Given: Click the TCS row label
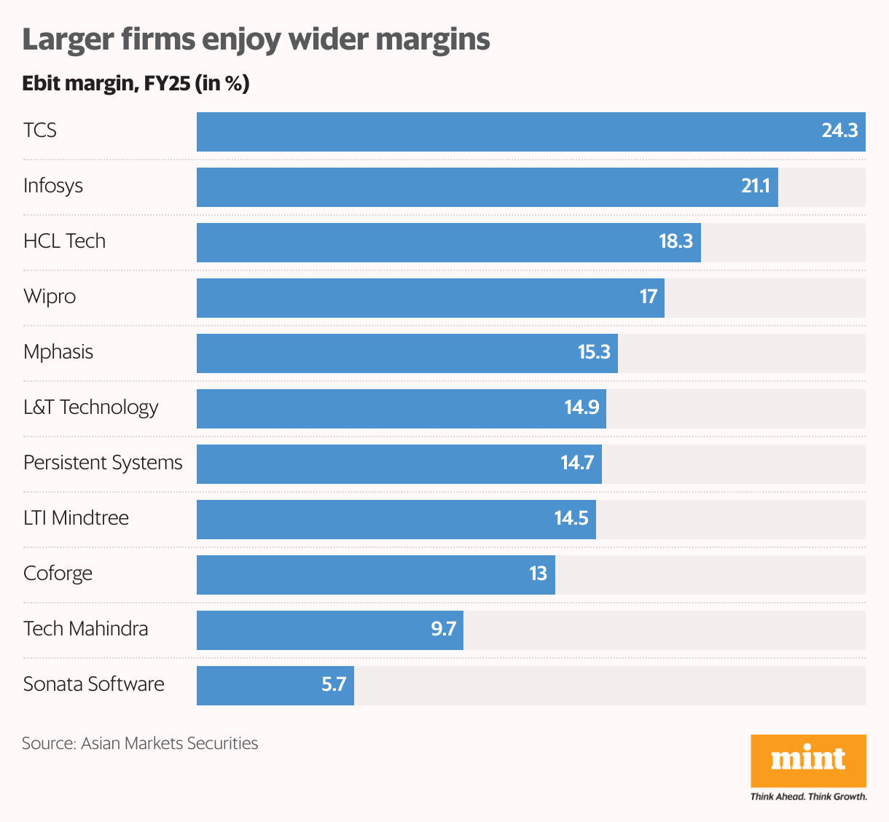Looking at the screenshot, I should (x=40, y=130).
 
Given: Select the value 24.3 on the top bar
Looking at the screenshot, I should (x=839, y=131).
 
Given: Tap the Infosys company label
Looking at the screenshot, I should (x=53, y=186).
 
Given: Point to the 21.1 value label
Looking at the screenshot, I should (x=756, y=187).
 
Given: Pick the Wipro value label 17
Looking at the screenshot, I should (x=649, y=297).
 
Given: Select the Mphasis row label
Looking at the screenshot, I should (x=58, y=352).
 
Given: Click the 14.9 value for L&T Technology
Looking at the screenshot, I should (x=581, y=408).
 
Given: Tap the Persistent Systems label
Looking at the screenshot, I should (x=103, y=463).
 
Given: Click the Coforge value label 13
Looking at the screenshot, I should (x=538, y=574).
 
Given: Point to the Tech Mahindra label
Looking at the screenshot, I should (x=85, y=629).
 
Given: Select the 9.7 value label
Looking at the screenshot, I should (x=443, y=630).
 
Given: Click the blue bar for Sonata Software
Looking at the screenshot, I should (x=255, y=686).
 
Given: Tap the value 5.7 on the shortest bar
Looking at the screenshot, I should (x=334, y=685).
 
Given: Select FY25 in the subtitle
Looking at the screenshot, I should (x=167, y=84).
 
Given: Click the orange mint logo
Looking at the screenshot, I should (x=808, y=760).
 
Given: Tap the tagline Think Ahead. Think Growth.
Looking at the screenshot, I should (x=808, y=796).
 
